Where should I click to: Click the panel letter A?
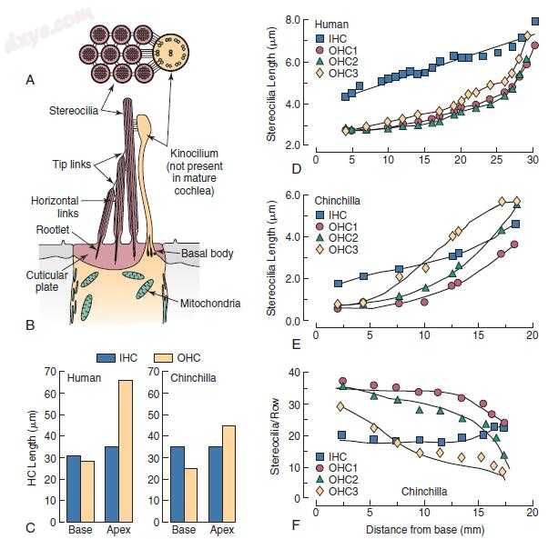click(31, 81)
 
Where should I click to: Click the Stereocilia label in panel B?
click(73, 112)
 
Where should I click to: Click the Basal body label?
click(208, 253)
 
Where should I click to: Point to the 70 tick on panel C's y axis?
click(51, 369)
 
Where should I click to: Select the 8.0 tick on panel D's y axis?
click(295, 19)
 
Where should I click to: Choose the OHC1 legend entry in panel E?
click(342, 225)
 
